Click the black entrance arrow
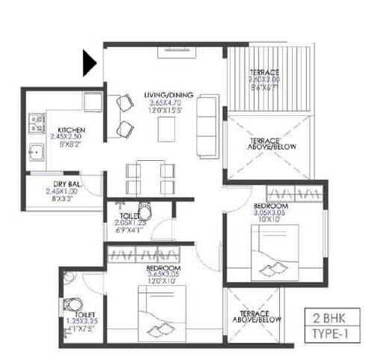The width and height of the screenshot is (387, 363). coord(89,62)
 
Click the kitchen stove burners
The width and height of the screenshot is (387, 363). coord(36,121)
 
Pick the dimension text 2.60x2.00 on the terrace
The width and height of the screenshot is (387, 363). coord(265,79)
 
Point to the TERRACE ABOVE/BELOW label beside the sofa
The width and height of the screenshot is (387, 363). coord(264,144)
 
